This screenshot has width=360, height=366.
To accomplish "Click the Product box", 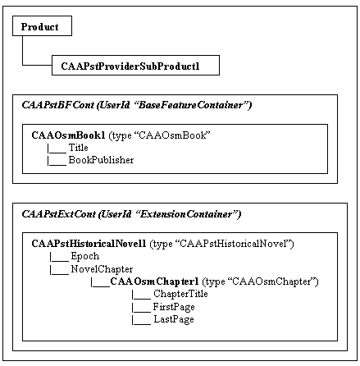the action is coord(42,25).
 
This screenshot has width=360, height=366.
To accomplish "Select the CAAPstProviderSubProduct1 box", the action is coord(135,65).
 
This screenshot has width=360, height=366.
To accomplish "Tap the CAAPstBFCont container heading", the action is coord(137,105).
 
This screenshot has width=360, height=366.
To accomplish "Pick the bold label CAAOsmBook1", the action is coord(68,135).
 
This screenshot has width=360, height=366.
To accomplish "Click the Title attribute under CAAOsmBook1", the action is coord(78,148).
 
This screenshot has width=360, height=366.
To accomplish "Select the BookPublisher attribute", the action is coord(101,160).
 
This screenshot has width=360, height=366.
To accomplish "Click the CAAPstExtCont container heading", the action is coord(131,214).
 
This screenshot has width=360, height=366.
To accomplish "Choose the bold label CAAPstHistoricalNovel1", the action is coord(89,244).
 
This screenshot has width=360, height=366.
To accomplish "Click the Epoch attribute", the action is coord(85,256).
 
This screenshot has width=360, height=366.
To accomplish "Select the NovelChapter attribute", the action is coord(102,269).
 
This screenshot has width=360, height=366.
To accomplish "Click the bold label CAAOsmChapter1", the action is coord(154,281).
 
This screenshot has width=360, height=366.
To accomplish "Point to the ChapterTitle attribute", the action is coord(180,294).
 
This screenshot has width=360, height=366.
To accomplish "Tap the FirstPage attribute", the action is coord(174,307).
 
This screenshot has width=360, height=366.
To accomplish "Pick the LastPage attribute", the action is coord(174,319).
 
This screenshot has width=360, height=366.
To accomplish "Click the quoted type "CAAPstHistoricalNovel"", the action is coord(232,244).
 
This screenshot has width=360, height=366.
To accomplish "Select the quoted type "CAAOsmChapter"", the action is coord(271,281).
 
